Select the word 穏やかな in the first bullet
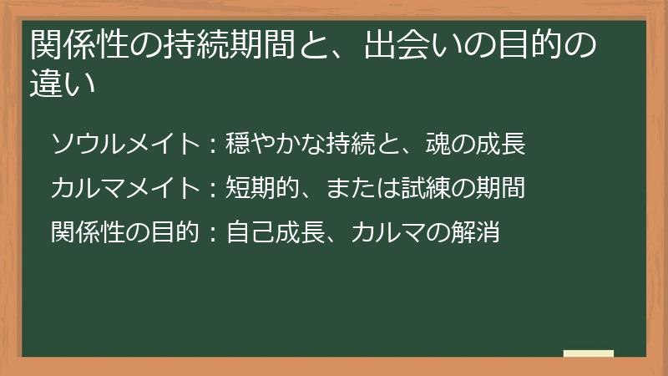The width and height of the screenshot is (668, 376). click(272, 144)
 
